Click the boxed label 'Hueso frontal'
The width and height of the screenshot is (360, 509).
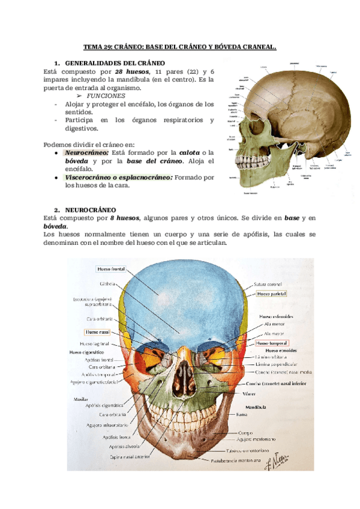110,270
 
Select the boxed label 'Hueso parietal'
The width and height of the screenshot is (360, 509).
271,294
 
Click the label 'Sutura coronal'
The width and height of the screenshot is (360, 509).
268,285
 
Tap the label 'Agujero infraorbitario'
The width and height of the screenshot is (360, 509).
107,426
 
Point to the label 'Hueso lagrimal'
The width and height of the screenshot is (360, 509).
102,343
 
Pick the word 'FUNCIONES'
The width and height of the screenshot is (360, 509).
106,95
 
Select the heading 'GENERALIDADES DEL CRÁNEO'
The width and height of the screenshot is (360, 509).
115,63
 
